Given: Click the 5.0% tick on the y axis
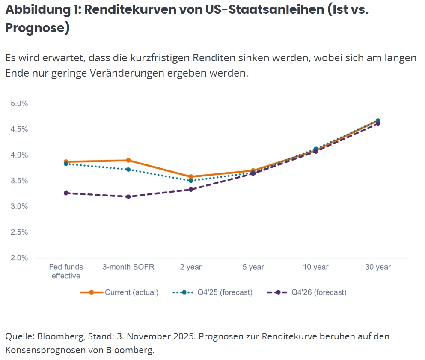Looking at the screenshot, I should [19, 104].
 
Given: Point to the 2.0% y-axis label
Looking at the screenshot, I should [19, 258].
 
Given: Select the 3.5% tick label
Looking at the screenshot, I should [19, 181].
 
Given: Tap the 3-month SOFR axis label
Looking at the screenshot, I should [128, 267].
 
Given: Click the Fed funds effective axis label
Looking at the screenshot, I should [66, 271].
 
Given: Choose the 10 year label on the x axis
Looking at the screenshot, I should [315, 267].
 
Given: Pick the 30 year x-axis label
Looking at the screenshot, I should [378, 267].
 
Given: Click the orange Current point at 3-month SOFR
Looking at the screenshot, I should [128, 160].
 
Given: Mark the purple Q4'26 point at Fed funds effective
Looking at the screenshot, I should [66, 193].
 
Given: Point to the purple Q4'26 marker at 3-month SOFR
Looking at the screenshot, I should [128, 196].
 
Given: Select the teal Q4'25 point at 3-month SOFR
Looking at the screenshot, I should [128, 170].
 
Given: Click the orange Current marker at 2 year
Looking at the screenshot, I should [191, 176].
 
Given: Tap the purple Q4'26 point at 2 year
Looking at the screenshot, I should [191, 189].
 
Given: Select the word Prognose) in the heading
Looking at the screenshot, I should [37, 28].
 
